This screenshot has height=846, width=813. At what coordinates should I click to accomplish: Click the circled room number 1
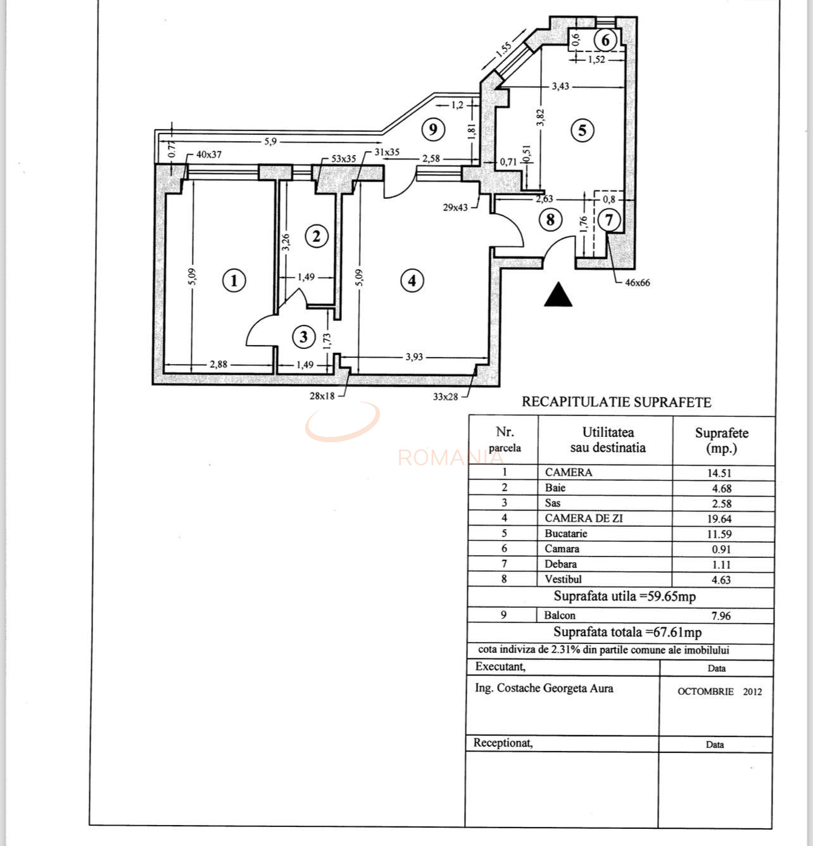234,280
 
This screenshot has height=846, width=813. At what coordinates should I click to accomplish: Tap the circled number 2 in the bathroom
317,236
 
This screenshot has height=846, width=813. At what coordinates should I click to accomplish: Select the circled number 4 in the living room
412,280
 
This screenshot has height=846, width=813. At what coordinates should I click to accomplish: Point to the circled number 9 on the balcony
433,130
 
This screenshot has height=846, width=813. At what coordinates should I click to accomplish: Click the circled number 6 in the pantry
605,41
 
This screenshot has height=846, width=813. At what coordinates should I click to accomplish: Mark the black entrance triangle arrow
558,295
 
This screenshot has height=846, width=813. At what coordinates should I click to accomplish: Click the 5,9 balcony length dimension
270,141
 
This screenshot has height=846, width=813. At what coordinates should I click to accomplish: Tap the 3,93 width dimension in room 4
413,357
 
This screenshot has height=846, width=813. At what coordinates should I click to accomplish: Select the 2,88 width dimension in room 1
218,364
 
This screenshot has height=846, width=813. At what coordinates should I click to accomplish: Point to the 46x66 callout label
638,282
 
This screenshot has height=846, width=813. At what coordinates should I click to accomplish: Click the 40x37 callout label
209,154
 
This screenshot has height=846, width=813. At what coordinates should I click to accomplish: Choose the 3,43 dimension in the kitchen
560,86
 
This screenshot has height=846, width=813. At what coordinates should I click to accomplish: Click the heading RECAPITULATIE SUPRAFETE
616,402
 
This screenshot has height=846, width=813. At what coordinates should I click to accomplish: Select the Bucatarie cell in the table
566,533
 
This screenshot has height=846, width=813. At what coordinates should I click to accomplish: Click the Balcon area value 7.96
721,616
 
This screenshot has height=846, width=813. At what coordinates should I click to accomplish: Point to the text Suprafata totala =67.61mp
627,632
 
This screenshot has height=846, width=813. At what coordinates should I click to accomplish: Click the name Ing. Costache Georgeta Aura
544,688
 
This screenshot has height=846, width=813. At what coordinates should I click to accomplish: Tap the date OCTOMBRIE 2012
719,691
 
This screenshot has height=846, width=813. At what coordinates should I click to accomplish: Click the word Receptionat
503,743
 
